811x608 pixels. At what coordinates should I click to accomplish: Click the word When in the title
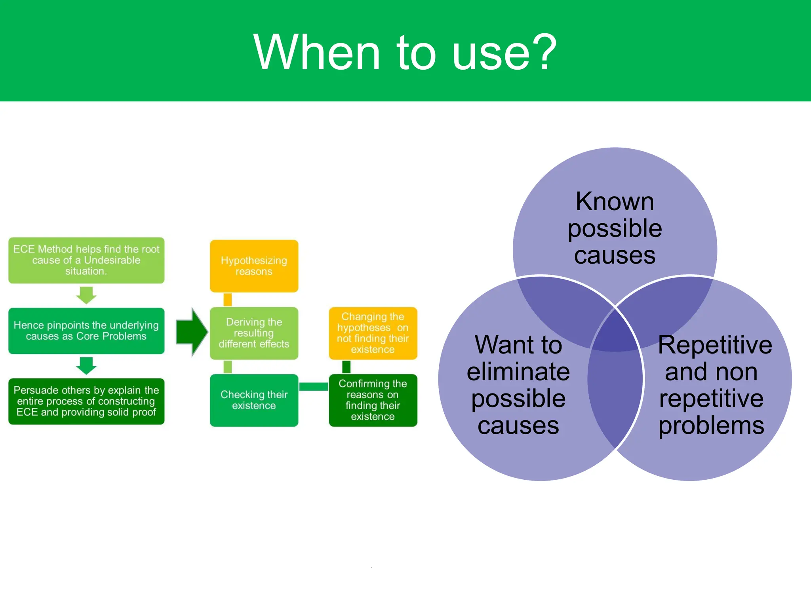click(x=316, y=52)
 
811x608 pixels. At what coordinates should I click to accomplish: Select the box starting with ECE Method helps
click(x=86, y=260)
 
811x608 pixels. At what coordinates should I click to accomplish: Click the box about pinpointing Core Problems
click(x=86, y=331)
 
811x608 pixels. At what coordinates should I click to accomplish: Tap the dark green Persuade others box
click(x=86, y=401)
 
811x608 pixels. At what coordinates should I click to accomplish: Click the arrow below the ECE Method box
click(x=86, y=295)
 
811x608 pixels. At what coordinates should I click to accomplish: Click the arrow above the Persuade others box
click(x=86, y=366)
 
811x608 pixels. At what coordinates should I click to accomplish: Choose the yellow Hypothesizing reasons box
click(x=254, y=266)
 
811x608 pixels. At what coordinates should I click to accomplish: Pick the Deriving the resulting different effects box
click(x=254, y=333)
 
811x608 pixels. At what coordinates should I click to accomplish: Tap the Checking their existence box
click(x=254, y=400)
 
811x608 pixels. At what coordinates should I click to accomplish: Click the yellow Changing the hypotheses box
click(x=373, y=333)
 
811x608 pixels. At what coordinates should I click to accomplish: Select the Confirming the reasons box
click(x=373, y=400)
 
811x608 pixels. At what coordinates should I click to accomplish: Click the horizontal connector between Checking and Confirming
click(x=313, y=387)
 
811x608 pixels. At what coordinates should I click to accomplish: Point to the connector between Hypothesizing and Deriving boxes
click(x=228, y=300)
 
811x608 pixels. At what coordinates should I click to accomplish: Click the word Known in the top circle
click(x=615, y=201)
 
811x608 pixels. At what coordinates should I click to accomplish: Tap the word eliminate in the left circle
click(x=518, y=372)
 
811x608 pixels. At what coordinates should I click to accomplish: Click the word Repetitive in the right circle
click(x=715, y=345)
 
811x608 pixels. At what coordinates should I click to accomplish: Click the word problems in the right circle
click(x=711, y=426)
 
